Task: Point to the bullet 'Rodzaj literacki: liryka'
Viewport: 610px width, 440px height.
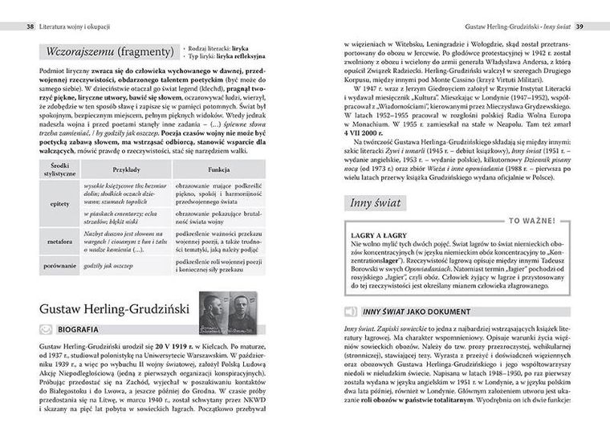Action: tap(218, 49)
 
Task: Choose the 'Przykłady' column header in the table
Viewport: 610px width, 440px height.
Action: tap(128, 171)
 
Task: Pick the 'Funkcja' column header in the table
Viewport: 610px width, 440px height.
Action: tap(218, 171)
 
